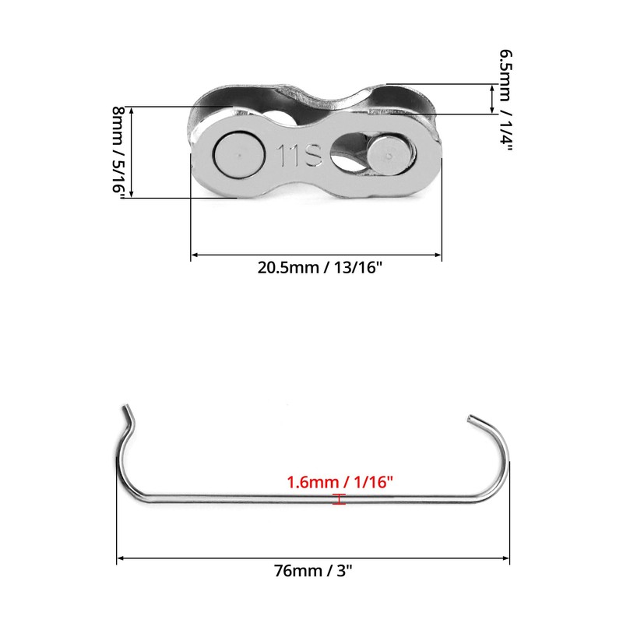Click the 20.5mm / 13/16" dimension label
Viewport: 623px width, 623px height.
pos(320,266)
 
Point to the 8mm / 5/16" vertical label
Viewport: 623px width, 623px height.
pos(118,153)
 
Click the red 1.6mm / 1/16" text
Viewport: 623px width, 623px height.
pos(340,482)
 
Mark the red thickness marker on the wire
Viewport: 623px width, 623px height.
pos(339,500)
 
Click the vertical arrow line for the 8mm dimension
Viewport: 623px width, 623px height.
pos(132,153)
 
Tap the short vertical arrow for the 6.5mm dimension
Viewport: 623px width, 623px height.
pos(491,99)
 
